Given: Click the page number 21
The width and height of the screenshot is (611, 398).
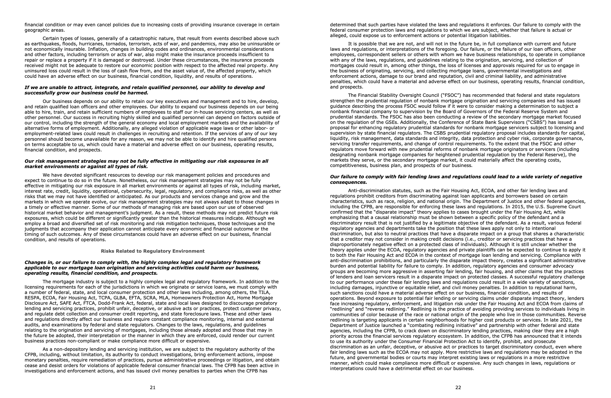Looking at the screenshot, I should pyautogui.click(x=153, y=387).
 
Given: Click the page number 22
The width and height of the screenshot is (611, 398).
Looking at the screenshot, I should pyautogui.click(x=458, y=387).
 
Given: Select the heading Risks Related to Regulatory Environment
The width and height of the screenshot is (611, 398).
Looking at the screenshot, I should pyautogui.click(x=153, y=251).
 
